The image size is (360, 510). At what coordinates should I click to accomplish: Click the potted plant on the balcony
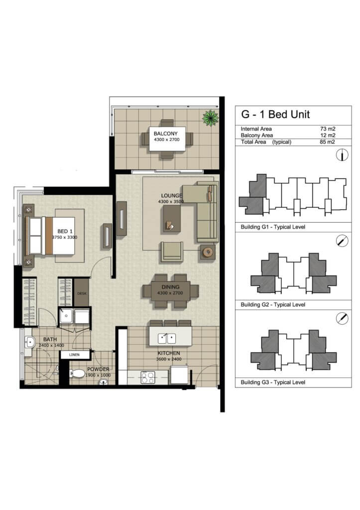pos(211,118)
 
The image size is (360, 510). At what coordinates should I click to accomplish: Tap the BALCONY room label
pos(165,133)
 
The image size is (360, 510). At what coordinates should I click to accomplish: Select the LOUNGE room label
pos(172,195)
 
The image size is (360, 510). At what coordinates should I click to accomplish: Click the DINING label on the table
pos(170,287)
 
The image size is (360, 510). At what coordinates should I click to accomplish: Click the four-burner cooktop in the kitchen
pos(148,378)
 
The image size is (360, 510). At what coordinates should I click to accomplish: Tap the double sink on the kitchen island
pos(167,339)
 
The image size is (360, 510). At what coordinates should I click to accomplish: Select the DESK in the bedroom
pos(82,293)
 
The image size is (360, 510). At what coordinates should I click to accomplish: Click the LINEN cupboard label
pos(75,355)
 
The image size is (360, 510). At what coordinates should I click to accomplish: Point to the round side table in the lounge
pos(208,252)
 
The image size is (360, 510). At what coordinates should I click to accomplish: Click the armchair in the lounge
pos(171,252)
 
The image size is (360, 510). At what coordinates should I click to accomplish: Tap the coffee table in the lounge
pos(172,219)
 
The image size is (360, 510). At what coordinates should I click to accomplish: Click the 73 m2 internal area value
pos(328,129)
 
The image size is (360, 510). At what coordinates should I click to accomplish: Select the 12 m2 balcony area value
pos(328,135)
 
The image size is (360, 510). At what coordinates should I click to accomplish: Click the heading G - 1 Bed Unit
pos(275,115)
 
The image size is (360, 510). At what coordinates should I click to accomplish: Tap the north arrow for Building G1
pos(342,155)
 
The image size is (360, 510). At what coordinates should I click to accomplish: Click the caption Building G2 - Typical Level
pos(273,305)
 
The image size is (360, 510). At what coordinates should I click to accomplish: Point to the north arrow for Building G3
pos(342,318)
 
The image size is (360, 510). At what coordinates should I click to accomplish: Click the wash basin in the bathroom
pos(29,342)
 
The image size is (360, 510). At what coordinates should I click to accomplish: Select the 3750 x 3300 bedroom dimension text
pos(65,238)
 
